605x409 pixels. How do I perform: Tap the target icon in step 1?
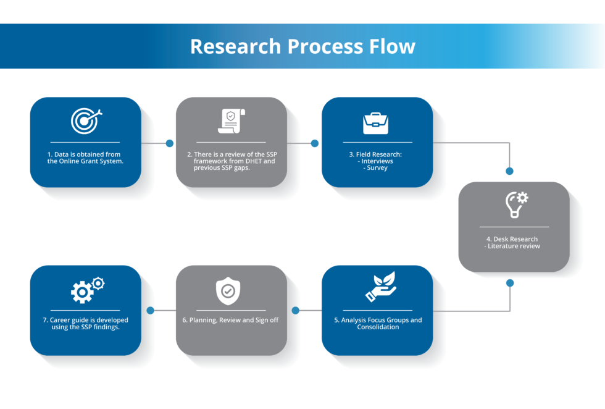(85, 120)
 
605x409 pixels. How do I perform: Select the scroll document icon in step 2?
(231, 120)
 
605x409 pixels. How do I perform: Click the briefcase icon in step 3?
(375, 122)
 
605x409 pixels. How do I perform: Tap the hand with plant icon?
(380, 289)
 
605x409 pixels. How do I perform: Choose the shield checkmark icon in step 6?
(228, 290)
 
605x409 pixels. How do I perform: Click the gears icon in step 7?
(87, 290)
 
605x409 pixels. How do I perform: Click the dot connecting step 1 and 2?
(170, 143)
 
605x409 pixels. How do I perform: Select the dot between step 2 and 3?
(315, 143)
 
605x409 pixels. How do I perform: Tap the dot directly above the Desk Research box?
(510, 171)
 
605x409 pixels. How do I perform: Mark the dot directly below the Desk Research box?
(510, 283)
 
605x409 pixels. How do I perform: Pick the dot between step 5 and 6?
(295, 311)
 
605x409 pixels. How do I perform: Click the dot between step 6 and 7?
(149, 311)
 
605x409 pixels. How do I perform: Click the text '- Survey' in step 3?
(377, 168)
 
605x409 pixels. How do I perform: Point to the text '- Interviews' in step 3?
(377, 161)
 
